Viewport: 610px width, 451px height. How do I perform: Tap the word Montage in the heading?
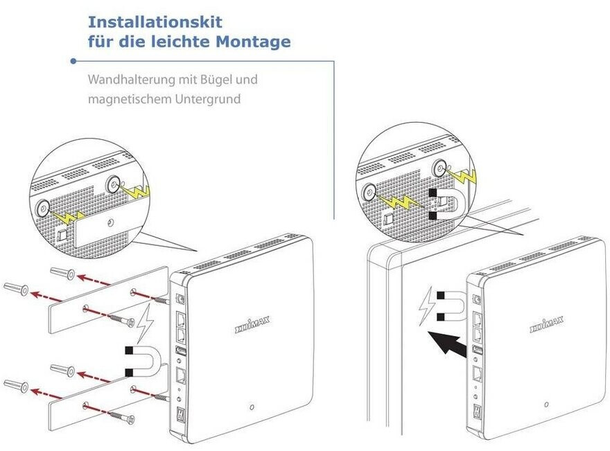pos(254,42)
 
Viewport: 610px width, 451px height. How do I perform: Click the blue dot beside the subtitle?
pos(73,61)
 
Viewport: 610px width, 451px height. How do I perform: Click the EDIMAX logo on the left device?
pos(253,327)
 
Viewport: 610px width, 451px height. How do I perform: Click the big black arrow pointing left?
pos(446,343)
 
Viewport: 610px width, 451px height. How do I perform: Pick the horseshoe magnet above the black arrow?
pos(448,308)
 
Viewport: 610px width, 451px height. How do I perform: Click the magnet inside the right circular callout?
pos(444,205)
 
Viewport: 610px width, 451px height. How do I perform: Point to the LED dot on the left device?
pos(252,407)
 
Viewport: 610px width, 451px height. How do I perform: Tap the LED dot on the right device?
pos(546,404)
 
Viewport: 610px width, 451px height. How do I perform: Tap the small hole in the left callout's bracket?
pos(111,223)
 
